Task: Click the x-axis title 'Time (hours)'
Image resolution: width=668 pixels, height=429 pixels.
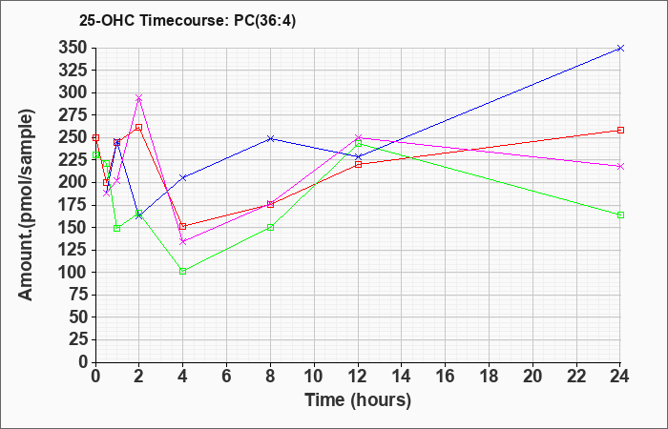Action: (358, 399)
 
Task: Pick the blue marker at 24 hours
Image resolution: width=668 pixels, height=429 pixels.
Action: (620, 48)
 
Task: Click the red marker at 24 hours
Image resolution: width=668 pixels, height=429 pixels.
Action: (620, 130)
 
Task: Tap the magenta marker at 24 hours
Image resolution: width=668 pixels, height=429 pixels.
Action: (620, 166)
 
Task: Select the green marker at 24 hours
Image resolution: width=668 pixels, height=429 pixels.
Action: (620, 214)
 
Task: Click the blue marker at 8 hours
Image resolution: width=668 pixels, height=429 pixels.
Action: (270, 138)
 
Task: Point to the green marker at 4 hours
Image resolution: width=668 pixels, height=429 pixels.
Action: (182, 271)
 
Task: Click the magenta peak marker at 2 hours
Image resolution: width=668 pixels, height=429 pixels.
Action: (138, 98)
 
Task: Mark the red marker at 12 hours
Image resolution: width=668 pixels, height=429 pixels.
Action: (358, 164)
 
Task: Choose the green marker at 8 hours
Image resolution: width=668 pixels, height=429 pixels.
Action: (270, 227)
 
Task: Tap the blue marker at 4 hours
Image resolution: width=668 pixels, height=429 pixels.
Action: (182, 177)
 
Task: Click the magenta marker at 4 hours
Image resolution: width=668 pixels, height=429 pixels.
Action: (182, 241)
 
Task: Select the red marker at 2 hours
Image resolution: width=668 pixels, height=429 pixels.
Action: (138, 127)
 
